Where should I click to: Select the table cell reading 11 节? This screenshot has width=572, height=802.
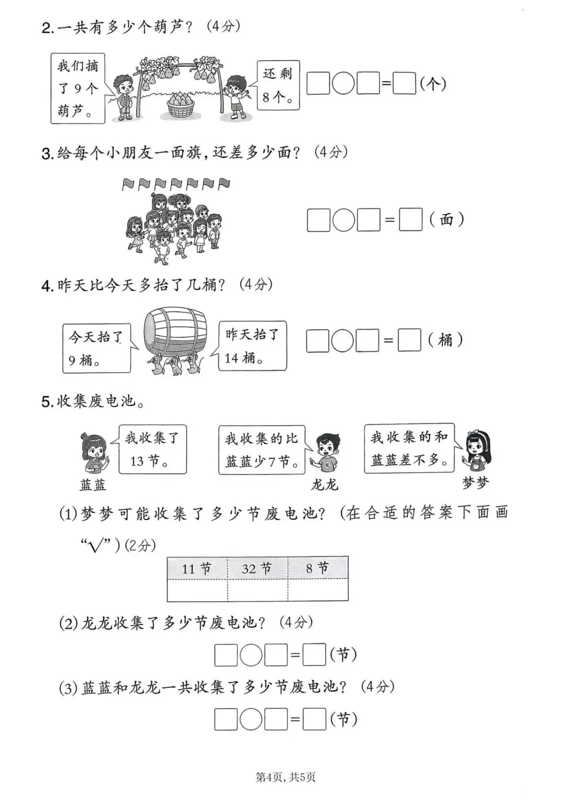coord(197,569)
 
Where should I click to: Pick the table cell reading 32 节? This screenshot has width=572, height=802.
coord(257,569)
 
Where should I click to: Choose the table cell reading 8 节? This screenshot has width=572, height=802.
coord(318,569)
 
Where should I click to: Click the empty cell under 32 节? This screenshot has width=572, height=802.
coord(257,590)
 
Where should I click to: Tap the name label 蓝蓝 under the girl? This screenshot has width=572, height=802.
coord(93,484)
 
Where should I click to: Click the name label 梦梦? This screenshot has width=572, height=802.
coord(475,483)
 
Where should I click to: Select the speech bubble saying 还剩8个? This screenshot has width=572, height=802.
coord(278,85)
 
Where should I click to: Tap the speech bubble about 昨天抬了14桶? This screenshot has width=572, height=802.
coord(252,346)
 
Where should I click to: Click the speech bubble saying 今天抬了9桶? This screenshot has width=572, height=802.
coord(96,348)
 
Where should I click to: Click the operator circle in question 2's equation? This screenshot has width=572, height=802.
coord(343,84)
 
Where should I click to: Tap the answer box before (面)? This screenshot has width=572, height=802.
coord(410,219)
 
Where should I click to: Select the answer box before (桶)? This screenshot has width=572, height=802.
coord(409,340)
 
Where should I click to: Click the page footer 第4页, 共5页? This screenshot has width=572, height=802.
coord(285,777)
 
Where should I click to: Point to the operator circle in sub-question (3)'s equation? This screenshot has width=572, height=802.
coord(251,719)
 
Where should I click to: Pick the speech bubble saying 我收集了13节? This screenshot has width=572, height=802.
coord(152,449)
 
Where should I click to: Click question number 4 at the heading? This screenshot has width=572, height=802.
coord(47,286)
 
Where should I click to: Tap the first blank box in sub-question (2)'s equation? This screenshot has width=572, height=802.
coord(226,655)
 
